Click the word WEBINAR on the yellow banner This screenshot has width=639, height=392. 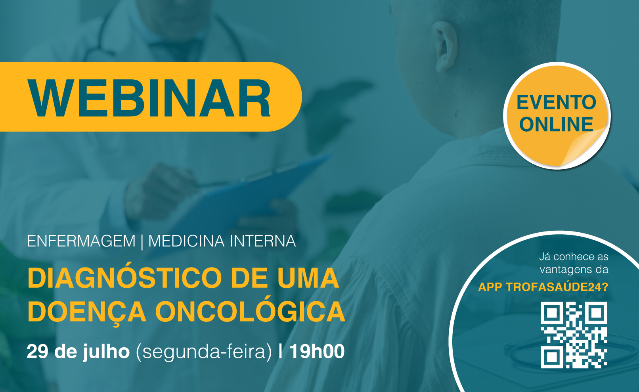click(149, 98)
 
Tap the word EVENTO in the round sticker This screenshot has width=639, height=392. click(556, 102)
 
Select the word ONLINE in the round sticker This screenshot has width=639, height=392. click(556, 124)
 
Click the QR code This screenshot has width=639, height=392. click(574, 335)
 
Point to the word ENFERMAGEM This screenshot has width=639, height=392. click(81, 241)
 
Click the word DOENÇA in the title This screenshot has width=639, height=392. click(87, 312)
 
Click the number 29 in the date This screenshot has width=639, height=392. click(37, 352)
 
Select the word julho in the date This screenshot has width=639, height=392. click(106, 353)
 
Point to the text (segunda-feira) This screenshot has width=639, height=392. click(204, 353)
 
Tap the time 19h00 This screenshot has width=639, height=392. click(317, 352)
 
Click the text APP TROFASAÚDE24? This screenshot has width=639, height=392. click(543, 287)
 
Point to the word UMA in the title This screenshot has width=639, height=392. click(308, 278)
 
